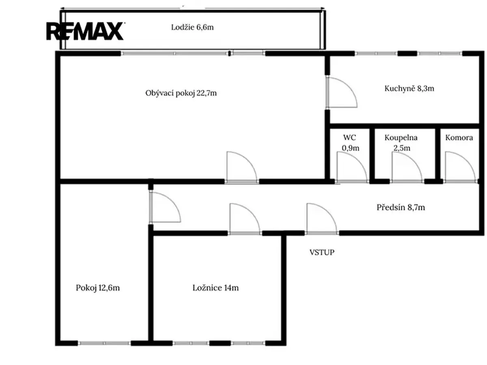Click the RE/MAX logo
tap(85, 31)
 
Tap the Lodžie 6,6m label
tap(192, 27)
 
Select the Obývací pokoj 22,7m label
tap(181, 93)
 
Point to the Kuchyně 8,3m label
tap(409, 88)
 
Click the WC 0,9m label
tap(350, 143)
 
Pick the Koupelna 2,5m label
tap(401, 143)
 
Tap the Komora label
tap(459, 137)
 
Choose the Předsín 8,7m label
tap(401, 207)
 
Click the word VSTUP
tap(322, 252)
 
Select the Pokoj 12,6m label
tap(98, 288)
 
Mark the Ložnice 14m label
tap(215, 288)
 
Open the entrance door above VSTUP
tap(322, 218)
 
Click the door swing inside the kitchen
tap(342, 92)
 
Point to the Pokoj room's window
tap(104, 343)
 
